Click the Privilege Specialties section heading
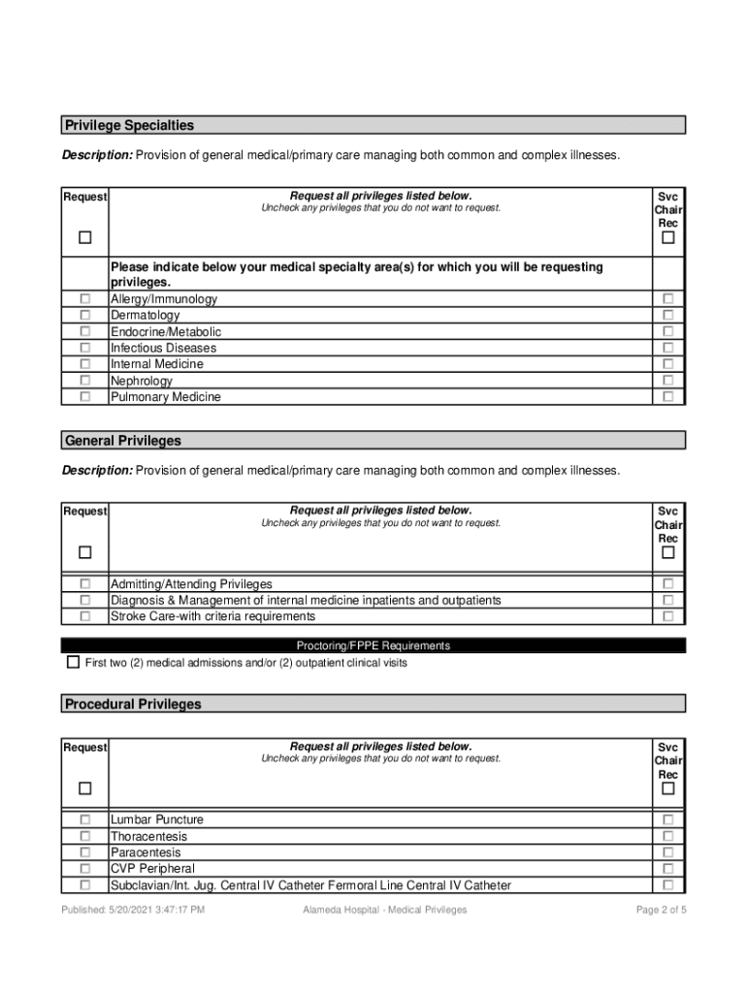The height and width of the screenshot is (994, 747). click(x=129, y=125)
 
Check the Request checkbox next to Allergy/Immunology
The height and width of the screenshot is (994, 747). click(x=85, y=299)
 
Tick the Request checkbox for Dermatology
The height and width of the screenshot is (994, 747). click(x=85, y=315)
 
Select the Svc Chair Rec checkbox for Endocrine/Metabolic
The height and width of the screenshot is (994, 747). click(x=667, y=332)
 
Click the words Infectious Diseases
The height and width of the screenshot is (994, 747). click(x=163, y=348)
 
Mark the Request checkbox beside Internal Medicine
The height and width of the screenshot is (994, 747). click(x=85, y=364)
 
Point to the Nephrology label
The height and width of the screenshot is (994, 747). click(x=142, y=381)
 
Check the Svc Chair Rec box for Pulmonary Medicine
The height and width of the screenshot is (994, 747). click(x=667, y=397)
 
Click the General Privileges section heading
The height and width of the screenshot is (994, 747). click(x=123, y=441)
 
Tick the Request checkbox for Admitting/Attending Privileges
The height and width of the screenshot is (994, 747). click(x=85, y=583)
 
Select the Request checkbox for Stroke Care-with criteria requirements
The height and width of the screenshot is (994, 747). click(x=85, y=616)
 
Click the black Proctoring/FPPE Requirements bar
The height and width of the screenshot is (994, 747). click(x=373, y=646)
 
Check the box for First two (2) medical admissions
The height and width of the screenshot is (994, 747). click(x=73, y=663)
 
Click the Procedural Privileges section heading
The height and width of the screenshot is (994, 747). click(x=133, y=704)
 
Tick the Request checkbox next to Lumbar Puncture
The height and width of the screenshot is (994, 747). click(x=85, y=819)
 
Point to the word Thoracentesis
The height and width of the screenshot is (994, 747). click(x=149, y=836)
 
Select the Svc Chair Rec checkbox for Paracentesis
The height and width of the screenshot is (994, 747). click(x=667, y=852)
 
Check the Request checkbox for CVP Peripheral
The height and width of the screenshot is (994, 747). click(x=85, y=869)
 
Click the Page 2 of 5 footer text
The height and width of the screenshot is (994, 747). click(x=661, y=910)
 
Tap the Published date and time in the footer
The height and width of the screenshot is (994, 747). click(x=133, y=910)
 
